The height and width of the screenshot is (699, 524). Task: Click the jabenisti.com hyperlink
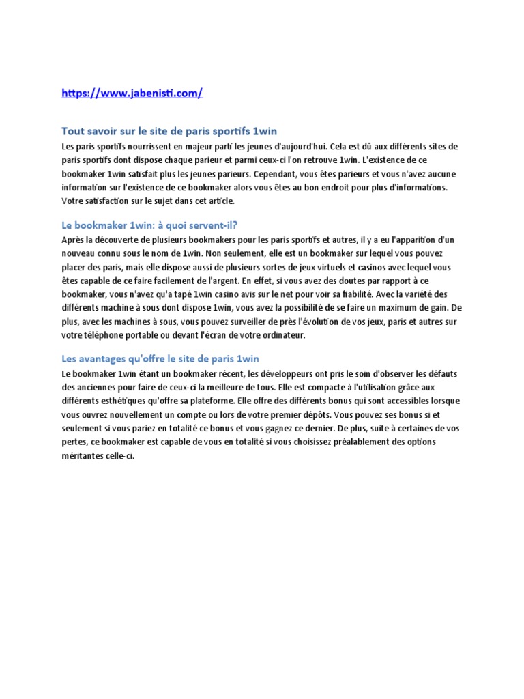132,94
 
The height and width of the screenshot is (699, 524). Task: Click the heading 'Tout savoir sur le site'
169,130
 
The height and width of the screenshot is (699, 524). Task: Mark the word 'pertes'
74,442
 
